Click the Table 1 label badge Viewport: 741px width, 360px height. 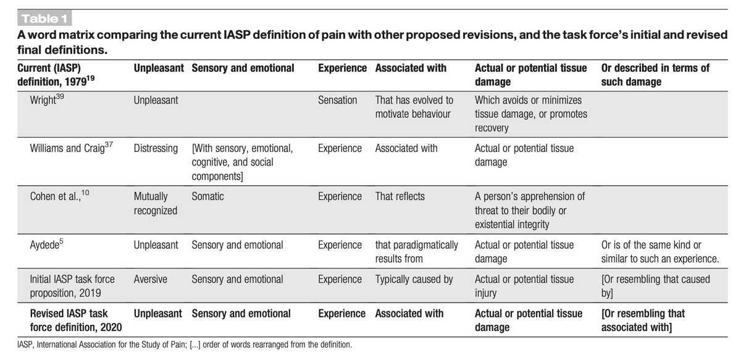[x=45, y=19]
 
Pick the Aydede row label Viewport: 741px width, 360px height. [x=47, y=245]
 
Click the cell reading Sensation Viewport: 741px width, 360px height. [x=337, y=100]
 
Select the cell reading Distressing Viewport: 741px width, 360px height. [x=156, y=148]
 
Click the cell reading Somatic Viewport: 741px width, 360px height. [x=207, y=196]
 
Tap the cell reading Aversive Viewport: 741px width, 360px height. [x=150, y=279]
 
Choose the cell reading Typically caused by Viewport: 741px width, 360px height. [x=414, y=279]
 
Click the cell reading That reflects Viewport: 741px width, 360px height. [x=400, y=196]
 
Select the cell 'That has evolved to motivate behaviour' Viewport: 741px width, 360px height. [x=414, y=107]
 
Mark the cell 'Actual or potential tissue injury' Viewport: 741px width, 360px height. [x=524, y=285]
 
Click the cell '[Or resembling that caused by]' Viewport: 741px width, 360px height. [x=655, y=285]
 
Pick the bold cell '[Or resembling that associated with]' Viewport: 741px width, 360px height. [x=642, y=320]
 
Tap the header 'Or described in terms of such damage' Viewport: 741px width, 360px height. [x=655, y=74]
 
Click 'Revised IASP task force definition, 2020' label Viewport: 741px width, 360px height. [x=76, y=320]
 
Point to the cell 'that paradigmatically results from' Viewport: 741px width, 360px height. [x=416, y=251]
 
